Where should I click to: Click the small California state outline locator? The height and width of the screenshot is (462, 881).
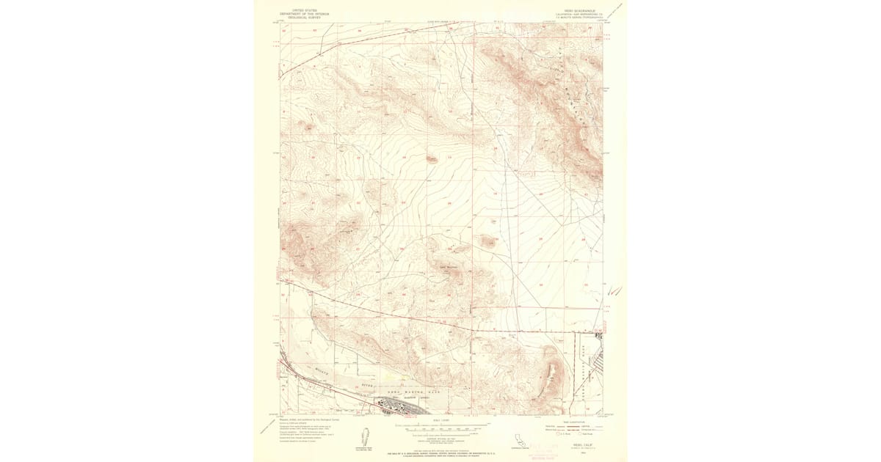click(523, 439)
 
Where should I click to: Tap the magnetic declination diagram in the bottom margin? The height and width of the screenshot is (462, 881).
click(367, 433)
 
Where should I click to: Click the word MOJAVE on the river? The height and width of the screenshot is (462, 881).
click(323, 373)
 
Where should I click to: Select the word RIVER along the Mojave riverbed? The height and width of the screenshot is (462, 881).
click(367, 384)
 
